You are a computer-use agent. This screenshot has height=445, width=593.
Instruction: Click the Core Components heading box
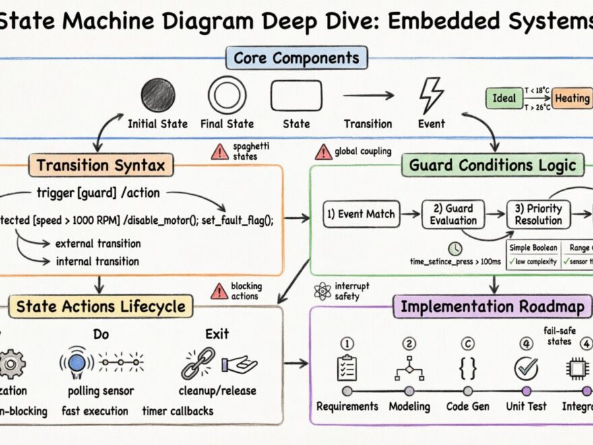[x=296, y=58]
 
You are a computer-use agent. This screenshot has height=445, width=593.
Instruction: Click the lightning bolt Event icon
[x=431, y=95]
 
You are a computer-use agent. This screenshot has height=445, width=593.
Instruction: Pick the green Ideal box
[x=504, y=98]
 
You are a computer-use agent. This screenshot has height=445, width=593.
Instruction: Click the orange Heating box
[x=571, y=98]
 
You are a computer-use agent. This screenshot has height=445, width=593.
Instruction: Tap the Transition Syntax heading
[x=100, y=165]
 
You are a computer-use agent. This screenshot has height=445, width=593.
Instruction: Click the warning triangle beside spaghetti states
[x=220, y=152]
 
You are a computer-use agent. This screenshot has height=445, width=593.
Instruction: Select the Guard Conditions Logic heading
[x=493, y=165]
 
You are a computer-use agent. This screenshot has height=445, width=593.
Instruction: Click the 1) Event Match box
[x=361, y=214]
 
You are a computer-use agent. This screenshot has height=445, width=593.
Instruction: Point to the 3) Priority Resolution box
[x=538, y=214]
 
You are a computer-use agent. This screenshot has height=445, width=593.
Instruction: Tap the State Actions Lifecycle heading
[x=100, y=307]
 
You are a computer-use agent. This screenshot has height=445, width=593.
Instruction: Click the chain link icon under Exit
[x=197, y=363]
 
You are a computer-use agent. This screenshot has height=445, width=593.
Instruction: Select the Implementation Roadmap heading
[x=493, y=307]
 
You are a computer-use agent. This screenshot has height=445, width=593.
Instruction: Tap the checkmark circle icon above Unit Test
[x=526, y=367]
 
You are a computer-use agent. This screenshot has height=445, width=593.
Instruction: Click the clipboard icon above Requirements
[x=347, y=367]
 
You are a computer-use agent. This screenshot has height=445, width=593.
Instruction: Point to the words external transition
[x=98, y=243]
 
